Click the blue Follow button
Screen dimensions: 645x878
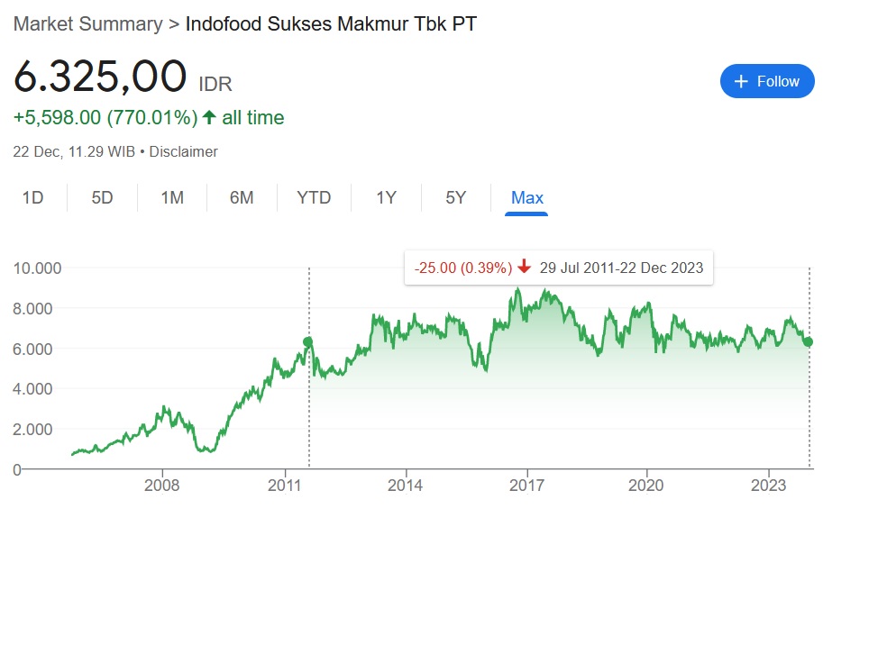pyautogui.click(x=767, y=81)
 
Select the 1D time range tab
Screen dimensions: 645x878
pyautogui.click(x=32, y=197)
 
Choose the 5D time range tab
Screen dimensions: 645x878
pyautogui.click(x=102, y=197)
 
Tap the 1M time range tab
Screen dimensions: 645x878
pyautogui.click(x=172, y=197)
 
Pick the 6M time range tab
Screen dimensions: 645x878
pyautogui.click(x=242, y=197)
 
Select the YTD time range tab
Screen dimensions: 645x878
pyautogui.click(x=314, y=197)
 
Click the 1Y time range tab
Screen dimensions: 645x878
pyautogui.click(x=386, y=197)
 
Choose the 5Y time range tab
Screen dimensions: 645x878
pyautogui.click(x=456, y=197)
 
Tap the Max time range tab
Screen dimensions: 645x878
pyautogui.click(x=527, y=197)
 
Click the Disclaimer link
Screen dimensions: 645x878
pyautogui.click(x=183, y=151)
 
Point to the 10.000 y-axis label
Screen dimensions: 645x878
pyautogui.click(x=37, y=268)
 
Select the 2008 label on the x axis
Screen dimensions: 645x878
pyautogui.click(x=162, y=486)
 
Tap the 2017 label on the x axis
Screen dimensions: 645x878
pyautogui.click(x=527, y=486)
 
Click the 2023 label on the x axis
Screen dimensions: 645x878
pyautogui.click(x=769, y=486)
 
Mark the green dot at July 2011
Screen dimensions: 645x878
pyautogui.click(x=308, y=342)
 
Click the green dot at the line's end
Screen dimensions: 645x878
pyautogui.click(x=809, y=342)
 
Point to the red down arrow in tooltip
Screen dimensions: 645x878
pyautogui.click(x=525, y=268)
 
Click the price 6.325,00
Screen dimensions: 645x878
pyautogui.click(x=100, y=77)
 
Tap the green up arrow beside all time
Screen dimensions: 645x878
pyautogui.click(x=209, y=117)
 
